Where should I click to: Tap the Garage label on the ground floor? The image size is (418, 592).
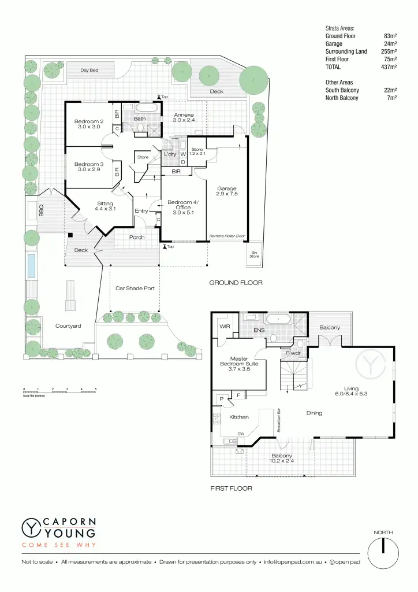click(227, 188)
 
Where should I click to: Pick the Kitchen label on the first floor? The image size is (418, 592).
click(238, 417)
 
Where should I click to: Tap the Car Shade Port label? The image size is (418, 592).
click(135, 288)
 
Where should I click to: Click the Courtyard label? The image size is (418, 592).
click(68, 326)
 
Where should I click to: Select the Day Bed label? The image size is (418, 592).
click(89, 71)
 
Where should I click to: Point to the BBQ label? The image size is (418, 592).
click(41, 210)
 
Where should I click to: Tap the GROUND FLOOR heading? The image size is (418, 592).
click(236, 283)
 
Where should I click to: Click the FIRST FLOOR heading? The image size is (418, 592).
click(231, 489)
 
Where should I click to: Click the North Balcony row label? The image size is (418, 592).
click(342, 98)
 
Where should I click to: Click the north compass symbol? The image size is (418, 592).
click(383, 553)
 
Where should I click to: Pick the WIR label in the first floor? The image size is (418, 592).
click(225, 327)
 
